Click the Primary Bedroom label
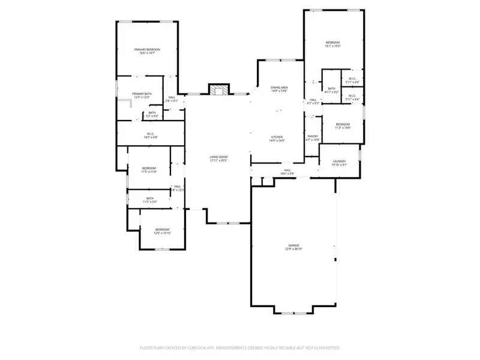(147, 49)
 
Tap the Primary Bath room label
(142, 94)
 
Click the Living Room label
(219, 157)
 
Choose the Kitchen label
(277, 137)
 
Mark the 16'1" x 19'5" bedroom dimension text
(332, 46)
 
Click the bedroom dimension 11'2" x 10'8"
(342, 128)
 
